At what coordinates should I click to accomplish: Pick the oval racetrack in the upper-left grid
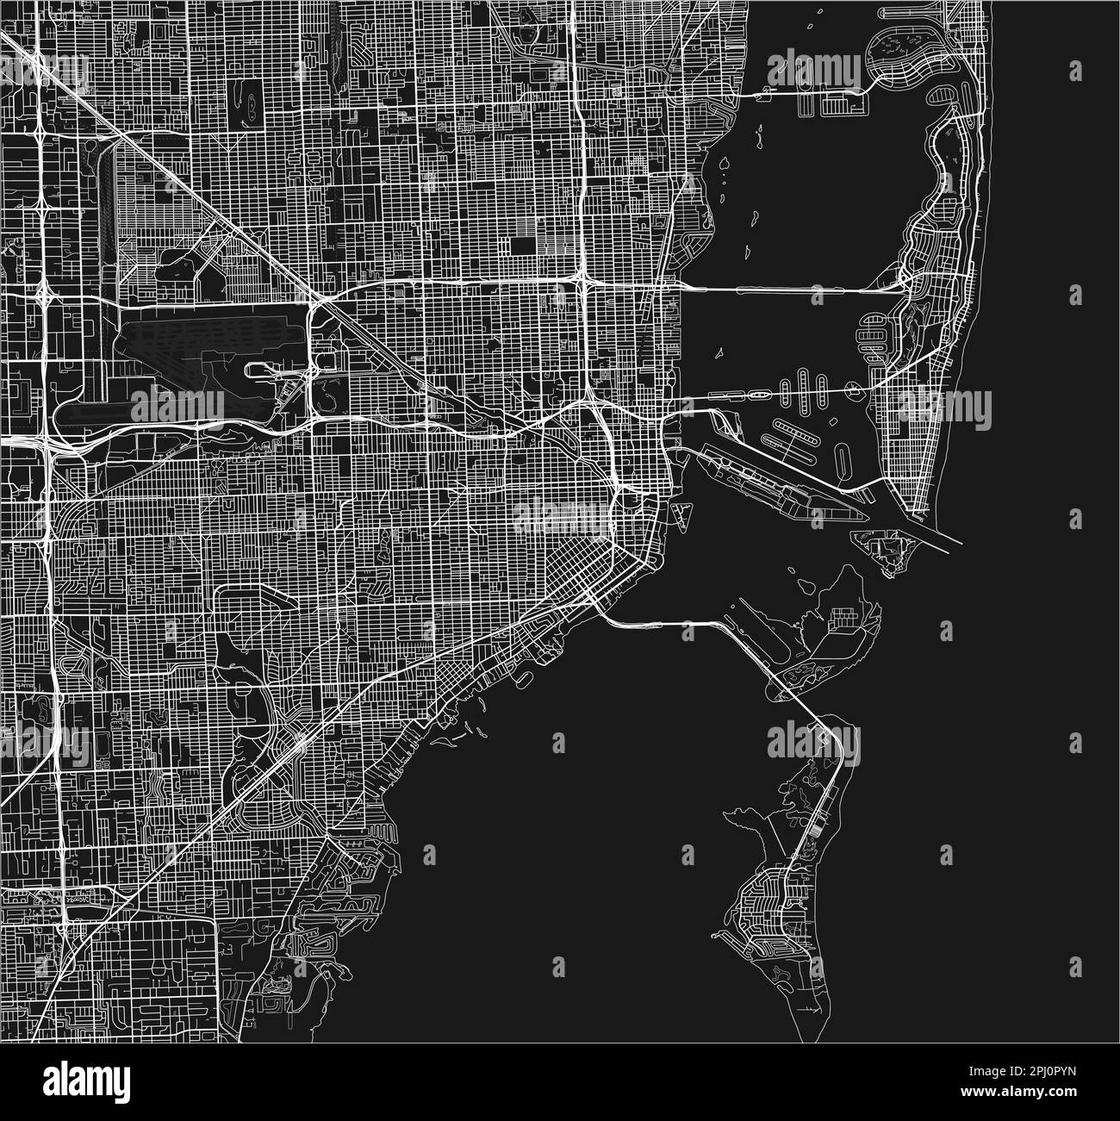click(251, 104)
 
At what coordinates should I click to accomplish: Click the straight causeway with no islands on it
click(788, 290)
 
